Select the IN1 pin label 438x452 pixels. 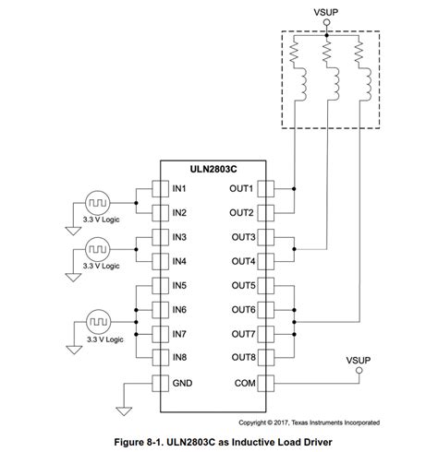178,189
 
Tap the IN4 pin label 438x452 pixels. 178,261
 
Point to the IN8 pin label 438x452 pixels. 178,357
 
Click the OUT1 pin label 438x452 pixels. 241,189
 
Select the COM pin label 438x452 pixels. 244,381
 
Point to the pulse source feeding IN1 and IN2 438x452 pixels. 97,202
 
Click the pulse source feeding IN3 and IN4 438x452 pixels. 97,249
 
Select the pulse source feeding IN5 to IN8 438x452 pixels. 97,321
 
